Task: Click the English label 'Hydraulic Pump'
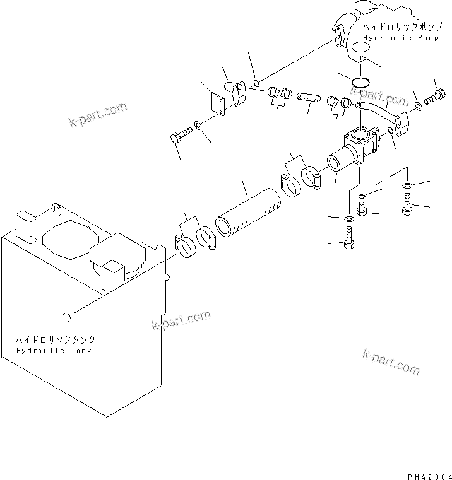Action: click(x=396, y=37)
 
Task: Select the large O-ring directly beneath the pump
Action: click(x=360, y=82)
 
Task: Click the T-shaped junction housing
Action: click(x=357, y=148)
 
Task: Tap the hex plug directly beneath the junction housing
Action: click(x=362, y=209)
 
